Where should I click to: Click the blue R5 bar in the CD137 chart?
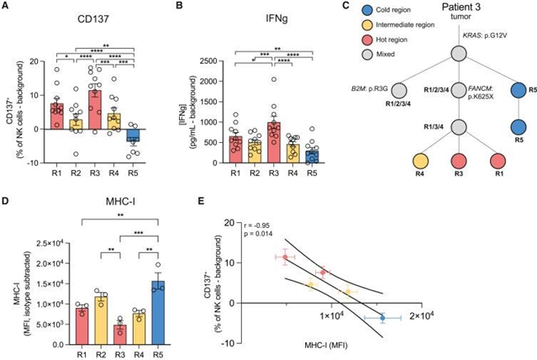(x=128, y=136)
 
